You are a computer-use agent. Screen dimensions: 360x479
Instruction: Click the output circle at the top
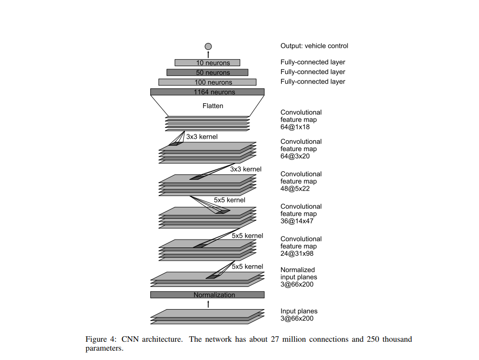click(x=208, y=46)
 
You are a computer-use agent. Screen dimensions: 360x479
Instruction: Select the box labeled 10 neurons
click(x=207, y=63)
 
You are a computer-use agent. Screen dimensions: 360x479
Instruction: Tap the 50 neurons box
click(x=207, y=73)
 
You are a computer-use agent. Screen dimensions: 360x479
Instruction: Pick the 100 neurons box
click(x=207, y=82)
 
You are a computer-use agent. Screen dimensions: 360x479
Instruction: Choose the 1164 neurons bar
click(x=207, y=92)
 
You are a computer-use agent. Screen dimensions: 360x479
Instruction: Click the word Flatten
click(x=213, y=106)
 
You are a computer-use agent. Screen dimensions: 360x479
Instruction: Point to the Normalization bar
click(x=207, y=295)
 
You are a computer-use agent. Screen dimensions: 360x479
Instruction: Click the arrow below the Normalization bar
click(x=208, y=304)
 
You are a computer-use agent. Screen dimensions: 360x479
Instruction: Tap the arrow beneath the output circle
click(x=208, y=54)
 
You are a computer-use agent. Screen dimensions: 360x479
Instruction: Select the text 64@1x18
click(x=295, y=127)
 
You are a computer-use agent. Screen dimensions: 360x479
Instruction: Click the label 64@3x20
click(x=295, y=156)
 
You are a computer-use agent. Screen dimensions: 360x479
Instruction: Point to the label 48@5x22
click(x=295, y=189)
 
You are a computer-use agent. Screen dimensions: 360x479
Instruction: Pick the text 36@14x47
click(x=297, y=221)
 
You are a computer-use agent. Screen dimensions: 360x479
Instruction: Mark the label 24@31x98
click(x=297, y=254)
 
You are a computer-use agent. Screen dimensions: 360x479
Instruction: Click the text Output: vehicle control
click(x=314, y=46)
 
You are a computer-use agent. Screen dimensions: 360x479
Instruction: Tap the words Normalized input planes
click(x=298, y=274)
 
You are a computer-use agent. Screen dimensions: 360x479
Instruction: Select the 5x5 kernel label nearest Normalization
click(x=247, y=267)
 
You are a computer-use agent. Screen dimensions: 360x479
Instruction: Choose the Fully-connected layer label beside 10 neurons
click(x=312, y=62)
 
